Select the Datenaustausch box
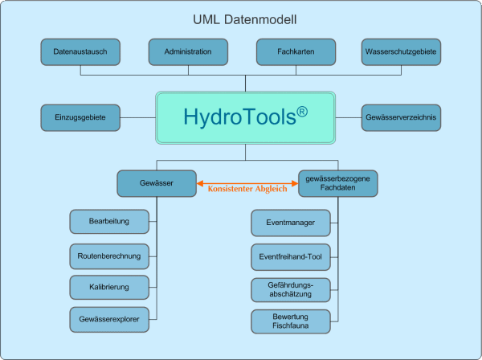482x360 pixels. (80, 51)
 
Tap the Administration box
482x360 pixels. (188, 51)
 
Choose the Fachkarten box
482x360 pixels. (295, 51)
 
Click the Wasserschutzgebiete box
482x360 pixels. (401, 51)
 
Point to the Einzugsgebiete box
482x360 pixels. (80, 117)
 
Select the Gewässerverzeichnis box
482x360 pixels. (401, 117)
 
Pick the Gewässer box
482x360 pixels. (157, 183)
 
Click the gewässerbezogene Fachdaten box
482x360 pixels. (337, 183)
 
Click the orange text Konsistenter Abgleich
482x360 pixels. (247, 190)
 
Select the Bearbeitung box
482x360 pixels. (109, 220)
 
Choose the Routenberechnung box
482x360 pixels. (109, 256)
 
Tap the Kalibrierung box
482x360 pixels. (109, 287)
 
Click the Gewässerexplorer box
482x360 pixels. (109, 319)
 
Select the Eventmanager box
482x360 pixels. (290, 220)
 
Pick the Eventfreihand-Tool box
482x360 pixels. (290, 256)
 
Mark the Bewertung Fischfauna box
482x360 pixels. (290, 321)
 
